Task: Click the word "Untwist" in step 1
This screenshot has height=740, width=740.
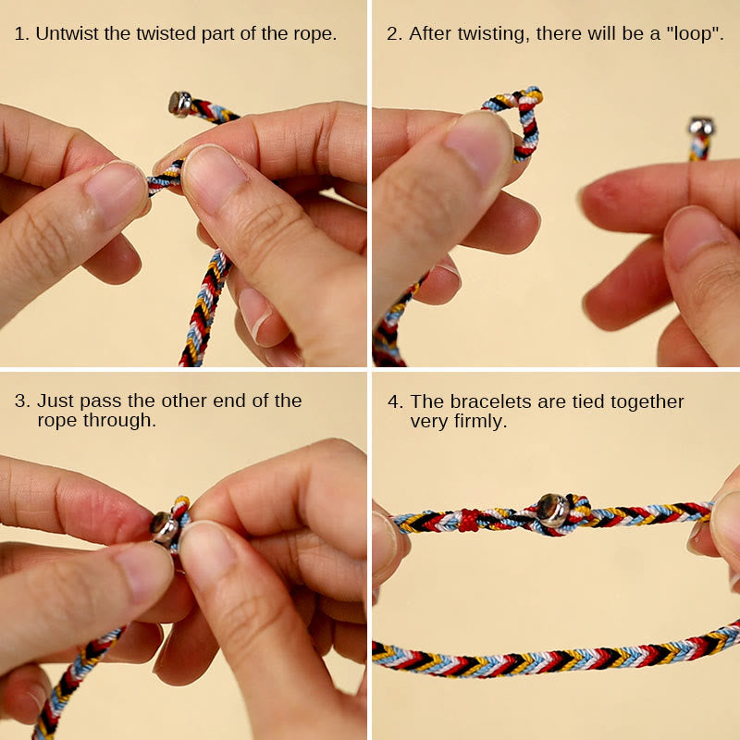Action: pos(66,34)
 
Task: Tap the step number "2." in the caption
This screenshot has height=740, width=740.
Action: pos(394,34)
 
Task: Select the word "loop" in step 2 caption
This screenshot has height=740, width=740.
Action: pos(687,34)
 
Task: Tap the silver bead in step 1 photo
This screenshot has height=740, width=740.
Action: pos(179,103)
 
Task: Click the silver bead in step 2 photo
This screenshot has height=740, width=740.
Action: pos(700,127)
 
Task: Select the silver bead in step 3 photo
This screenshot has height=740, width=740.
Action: pos(165,526)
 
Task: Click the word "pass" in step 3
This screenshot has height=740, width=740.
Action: pos(95,401)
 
